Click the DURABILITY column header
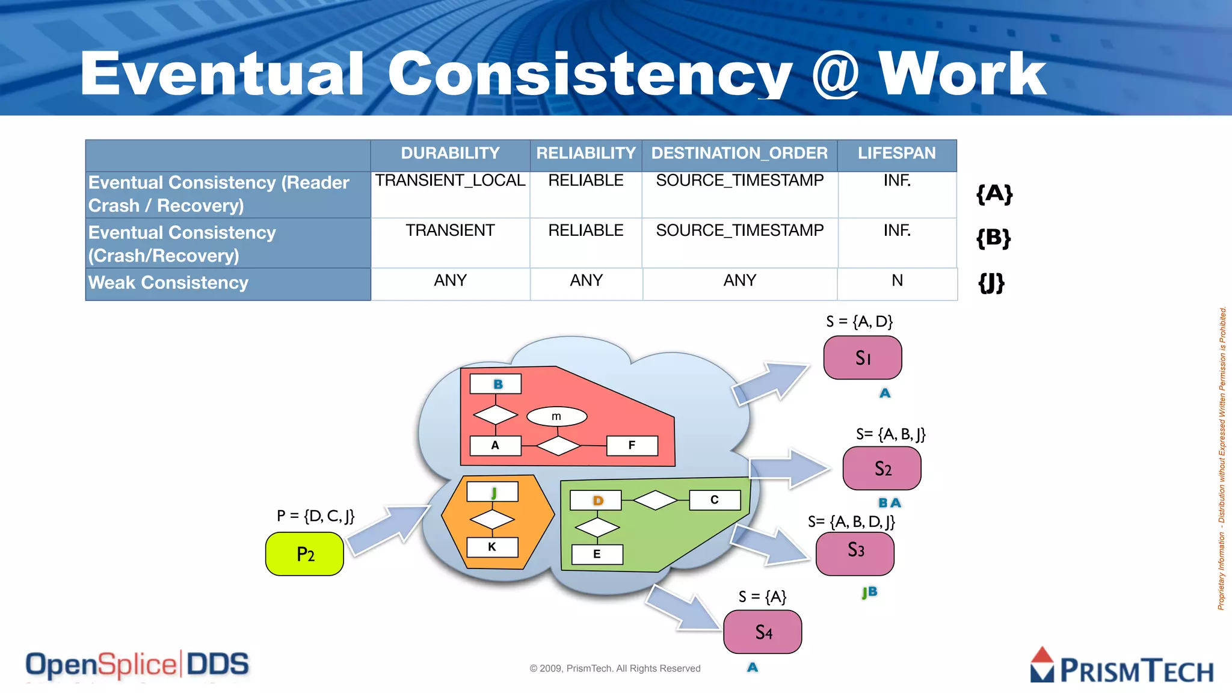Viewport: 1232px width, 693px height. pos(450,153)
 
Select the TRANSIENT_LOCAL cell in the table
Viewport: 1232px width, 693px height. pos(450,180)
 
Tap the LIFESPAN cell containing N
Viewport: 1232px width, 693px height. pos(897,281)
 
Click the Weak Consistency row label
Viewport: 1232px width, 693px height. pos(168,283)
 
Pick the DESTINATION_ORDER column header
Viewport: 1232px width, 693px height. pos(739,153)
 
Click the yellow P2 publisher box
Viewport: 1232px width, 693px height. pos(305,554)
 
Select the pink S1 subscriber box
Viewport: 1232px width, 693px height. pos(863,358)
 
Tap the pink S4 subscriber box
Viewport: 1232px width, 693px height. pos(763,632)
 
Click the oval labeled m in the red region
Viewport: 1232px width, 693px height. pos(556,416)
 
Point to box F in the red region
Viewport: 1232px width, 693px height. pos(632,446)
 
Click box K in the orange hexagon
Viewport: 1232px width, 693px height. pos(492,547)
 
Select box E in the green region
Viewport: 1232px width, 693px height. pos(597,554)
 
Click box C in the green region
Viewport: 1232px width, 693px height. pos(715,500)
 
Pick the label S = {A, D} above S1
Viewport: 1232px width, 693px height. pos(859,322)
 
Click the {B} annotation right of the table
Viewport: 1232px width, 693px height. pos(993,238)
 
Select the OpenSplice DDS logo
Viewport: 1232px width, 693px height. pos(137,665)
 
